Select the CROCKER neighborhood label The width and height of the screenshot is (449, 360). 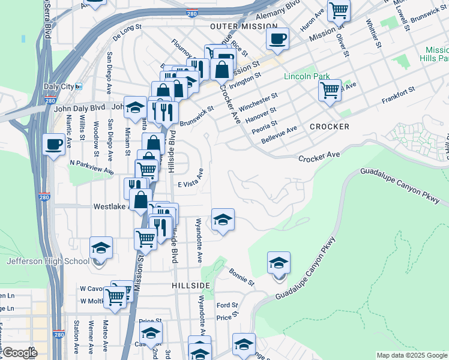[330, 127]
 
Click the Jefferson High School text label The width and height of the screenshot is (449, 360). [47, 261]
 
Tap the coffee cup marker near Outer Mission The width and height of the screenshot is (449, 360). [277, 39]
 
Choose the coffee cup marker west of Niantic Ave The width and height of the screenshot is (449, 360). [54, 144]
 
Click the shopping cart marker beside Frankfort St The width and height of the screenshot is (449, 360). [330, 90]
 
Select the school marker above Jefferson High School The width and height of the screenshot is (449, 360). [101, 247]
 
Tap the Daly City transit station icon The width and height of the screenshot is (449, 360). [79, 86]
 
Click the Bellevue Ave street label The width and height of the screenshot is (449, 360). [279, 135]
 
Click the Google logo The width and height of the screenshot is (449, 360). [19, 353]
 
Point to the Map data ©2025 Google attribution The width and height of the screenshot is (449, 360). [411, 355]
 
